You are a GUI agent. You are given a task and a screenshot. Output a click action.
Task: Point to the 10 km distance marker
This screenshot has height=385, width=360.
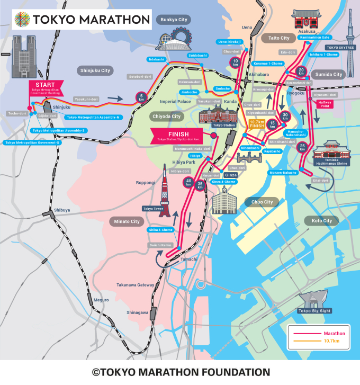[236, 62]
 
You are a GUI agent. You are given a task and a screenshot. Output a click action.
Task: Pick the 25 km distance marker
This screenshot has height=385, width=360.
[302, 148]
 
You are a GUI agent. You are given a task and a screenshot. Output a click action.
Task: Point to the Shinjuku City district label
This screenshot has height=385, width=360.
[96, 70]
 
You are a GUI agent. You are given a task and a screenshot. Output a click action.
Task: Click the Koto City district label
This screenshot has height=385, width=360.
[321, 220]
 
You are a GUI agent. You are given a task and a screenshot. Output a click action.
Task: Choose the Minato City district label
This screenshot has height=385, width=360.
[125, 221]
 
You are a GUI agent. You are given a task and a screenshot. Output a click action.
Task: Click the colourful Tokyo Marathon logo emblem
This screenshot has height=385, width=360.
[21, 20]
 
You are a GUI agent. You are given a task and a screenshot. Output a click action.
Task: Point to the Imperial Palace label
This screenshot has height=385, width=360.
[176, 102]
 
